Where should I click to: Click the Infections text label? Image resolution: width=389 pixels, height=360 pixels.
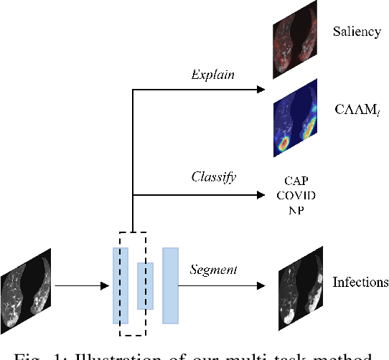pos(360,282)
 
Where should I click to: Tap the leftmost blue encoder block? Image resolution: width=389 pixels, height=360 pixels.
pos(120,285)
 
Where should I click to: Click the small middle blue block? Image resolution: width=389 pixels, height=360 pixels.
pos(146,285)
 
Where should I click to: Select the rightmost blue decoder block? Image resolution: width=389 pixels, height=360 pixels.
pos(171,285)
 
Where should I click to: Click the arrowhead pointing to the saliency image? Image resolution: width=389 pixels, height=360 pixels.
pos(260,90)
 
